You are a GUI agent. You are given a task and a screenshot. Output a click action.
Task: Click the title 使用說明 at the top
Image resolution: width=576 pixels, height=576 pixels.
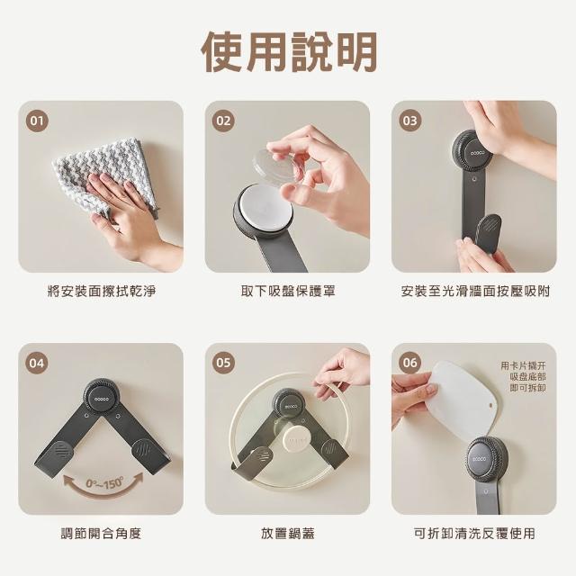pyautogui.click(x=289, y=51)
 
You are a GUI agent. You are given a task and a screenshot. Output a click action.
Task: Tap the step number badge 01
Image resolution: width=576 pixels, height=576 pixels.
pyautogui.click(x=37, y=121)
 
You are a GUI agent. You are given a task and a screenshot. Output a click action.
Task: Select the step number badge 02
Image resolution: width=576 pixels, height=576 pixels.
pyautogui.click(x=223, y=121)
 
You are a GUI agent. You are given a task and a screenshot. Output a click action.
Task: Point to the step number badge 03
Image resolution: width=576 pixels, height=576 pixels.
pyautogui.click(x=410, y=121)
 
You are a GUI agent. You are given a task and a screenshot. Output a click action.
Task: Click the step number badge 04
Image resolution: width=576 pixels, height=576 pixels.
pyautogui.click(x=37, y=363)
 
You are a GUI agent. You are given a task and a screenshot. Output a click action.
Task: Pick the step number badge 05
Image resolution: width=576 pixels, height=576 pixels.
pyautogui.click(x=223, y=363)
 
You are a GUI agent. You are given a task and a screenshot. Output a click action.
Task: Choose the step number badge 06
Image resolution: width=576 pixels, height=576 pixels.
pyautogui.click(x=410, y=363)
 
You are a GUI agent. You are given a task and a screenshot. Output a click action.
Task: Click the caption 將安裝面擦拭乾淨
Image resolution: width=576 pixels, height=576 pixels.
pyautogui.click(x=102, y=291)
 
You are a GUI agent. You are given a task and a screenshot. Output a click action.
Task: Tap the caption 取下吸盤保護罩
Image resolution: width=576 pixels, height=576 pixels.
pyautogui.click(x=288, y=291)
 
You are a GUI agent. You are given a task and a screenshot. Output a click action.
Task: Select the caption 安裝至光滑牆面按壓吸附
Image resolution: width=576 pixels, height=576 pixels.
pyautogui.click(x=475, y=291)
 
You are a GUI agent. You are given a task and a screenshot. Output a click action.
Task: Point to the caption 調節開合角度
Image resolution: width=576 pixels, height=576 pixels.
pyautogui.click(x=101, y=533)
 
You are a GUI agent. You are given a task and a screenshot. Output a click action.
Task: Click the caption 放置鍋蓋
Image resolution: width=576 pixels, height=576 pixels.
pyautogui.click(x=288, y=533)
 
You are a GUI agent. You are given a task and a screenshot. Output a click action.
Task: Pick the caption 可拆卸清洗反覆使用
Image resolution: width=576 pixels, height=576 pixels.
pyautogui.click(x=474, y=533)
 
